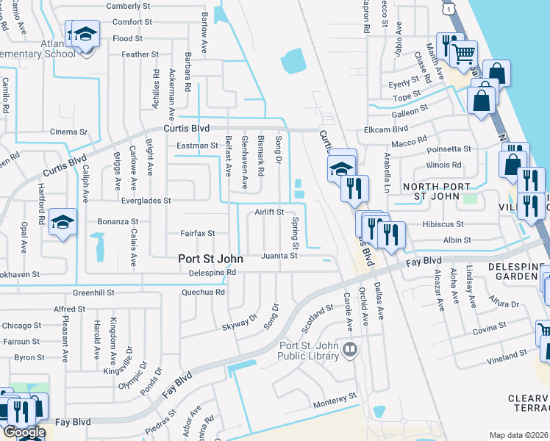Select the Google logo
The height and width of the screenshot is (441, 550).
point(24,432)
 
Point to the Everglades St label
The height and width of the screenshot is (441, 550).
point(146,200)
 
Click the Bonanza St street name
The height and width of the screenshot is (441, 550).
point(118,221)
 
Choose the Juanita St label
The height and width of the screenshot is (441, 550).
point(279,256)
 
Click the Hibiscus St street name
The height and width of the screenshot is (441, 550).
point(443,224)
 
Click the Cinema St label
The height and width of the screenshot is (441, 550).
point(69,132)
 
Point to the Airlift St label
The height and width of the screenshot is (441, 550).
point(270,212)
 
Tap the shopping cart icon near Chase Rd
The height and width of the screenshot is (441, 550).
point(464,53)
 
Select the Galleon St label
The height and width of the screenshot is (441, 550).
point(410,111)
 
